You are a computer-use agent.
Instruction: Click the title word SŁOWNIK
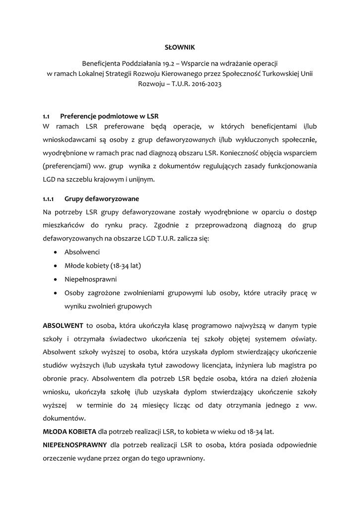180,47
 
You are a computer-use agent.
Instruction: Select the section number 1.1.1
48,199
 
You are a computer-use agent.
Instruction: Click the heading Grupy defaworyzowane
102,199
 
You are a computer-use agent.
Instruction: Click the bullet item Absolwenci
82,252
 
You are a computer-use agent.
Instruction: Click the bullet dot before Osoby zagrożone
54,293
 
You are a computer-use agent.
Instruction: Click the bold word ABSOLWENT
63,325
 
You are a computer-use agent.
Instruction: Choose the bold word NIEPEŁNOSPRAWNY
74,444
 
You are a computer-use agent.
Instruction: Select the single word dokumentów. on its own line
63,418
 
